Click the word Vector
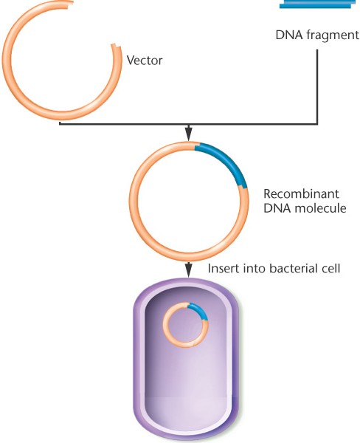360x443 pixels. (x=145, y=61)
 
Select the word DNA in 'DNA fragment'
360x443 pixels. (x=289, y=35)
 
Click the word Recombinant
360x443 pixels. (x=301, y=193)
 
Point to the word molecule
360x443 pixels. (x=320, y=208)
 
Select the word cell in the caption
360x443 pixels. (x=333, y=268)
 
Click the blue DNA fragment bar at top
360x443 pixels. (x=317, y=4)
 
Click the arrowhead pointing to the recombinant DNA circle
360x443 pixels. (x=189, y=134)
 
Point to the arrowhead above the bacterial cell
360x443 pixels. (x=189, y=269)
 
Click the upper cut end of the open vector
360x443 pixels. (x=70, y=4)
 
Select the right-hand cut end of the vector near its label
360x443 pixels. (x=117, y=46)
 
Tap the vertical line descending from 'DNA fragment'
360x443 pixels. (x=317, y=86)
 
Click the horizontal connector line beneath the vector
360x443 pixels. (x=189, y=123)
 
